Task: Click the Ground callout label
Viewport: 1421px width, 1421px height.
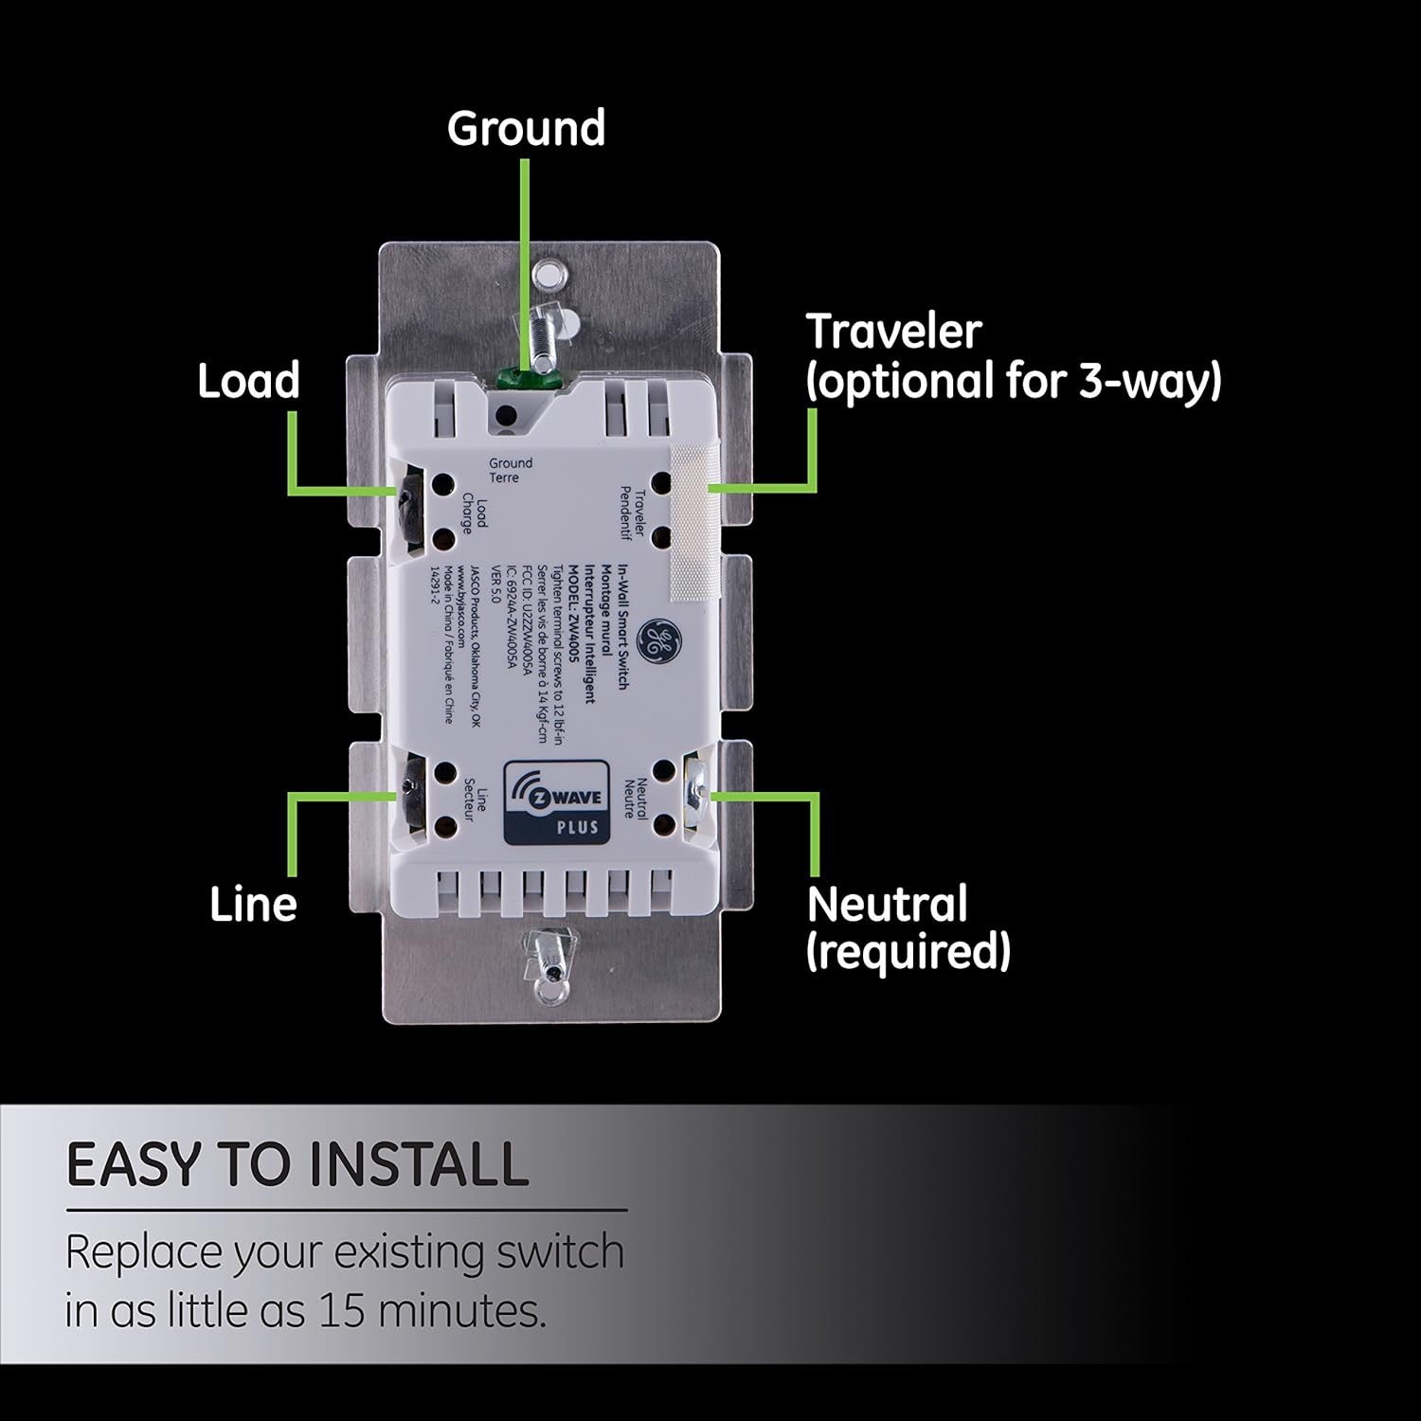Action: [x=526, y=129]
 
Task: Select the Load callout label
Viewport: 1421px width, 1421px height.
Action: [x=248, y=381]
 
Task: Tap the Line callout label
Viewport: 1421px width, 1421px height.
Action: [x=253, y=905]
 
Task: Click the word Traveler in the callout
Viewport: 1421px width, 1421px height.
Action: [x=893, y=332]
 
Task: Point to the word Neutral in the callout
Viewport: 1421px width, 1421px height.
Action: [x=887, y=905]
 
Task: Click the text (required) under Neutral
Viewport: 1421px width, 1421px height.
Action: [x=908, y=951]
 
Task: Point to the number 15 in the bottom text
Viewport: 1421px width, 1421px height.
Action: [x=343, y=1311]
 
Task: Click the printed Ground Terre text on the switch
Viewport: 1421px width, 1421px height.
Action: [x=511, y=470]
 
